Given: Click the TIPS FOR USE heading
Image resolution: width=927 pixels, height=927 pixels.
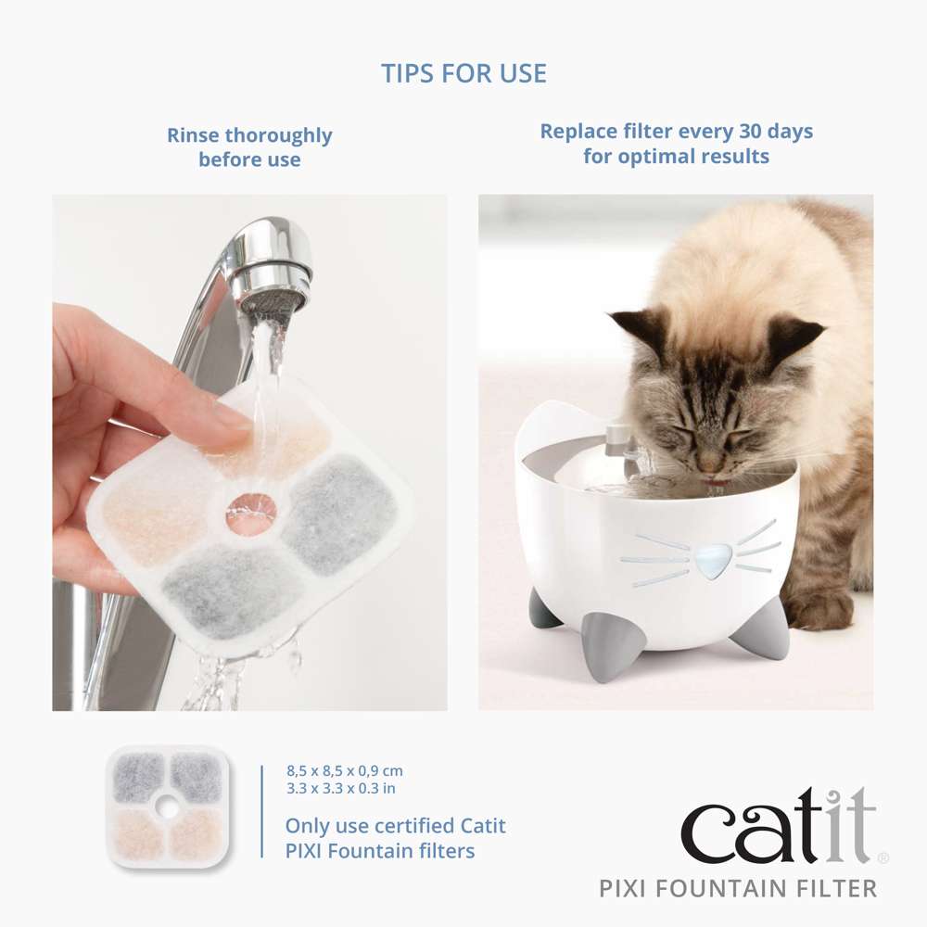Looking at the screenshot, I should pyautogui.click(x=463, y=73).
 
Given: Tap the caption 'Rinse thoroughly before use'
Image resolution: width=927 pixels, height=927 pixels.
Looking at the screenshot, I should pyautogui.click(x=249, y=147).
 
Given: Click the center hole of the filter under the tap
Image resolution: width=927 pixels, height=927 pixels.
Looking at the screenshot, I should pyautogui.click(x=251, y=507).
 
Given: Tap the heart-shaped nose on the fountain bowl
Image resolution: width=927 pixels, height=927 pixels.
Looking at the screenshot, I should pyautogui.click(x=713, y=560).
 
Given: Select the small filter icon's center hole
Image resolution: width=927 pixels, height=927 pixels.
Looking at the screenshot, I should pyautogui.click(x=166, y=807).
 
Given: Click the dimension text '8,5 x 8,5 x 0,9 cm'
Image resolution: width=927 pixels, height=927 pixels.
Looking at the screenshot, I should pyautogui.click(x=344, y=771).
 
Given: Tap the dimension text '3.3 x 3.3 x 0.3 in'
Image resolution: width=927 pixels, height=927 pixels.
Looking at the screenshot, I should pyautogui.click(x=341, y=789).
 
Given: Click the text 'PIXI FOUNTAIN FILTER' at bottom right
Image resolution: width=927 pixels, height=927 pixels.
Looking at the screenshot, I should pyautogui.click(x=737, y=889).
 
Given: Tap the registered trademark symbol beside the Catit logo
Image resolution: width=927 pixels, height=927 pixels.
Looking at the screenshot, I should pyautogui.click(x=883, y=859).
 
